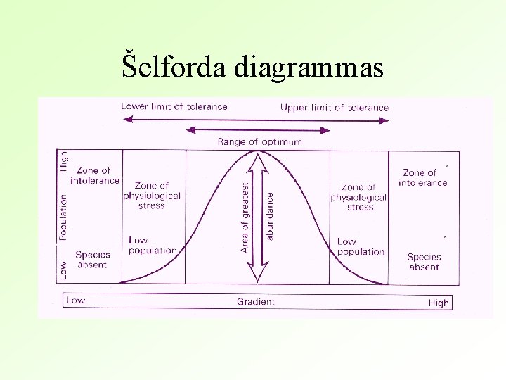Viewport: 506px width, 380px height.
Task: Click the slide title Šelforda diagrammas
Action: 253,68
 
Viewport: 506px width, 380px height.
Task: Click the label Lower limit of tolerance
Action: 174,107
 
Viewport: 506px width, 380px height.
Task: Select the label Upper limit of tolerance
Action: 335,108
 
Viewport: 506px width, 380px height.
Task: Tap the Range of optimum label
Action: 260,141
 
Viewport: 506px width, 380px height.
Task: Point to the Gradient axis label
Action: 256,302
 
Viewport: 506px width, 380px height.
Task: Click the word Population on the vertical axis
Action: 63,217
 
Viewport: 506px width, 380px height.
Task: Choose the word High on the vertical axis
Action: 63,160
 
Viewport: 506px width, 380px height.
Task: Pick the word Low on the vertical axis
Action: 63,270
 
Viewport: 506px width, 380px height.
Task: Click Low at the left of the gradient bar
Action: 75,300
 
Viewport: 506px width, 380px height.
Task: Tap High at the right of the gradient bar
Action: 438,303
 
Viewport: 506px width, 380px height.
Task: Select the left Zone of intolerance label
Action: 95,175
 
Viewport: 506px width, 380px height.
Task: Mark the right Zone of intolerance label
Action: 422,177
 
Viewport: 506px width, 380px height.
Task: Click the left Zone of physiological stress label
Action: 152,196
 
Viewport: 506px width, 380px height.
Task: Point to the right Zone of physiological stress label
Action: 358,197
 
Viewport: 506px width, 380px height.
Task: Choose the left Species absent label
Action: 91,260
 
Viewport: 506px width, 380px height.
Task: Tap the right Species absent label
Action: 423,262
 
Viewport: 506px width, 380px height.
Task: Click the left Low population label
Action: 152,246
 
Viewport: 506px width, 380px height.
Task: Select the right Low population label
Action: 361,246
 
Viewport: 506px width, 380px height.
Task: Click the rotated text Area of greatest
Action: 245,217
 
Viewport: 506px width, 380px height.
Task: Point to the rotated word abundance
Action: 270,217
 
